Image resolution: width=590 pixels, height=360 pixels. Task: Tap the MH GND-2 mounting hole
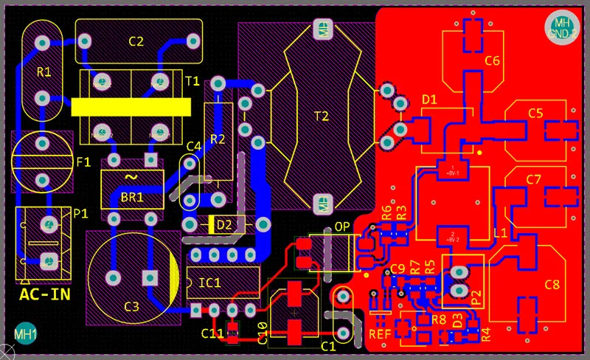[x=563, y=27]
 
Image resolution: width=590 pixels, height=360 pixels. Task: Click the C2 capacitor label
[x=136, y=41]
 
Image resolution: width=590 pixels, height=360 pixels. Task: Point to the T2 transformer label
[x=322, y=116]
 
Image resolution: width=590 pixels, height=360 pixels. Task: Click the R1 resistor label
[x=44, y=72]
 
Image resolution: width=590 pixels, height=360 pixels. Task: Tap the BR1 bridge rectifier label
[x=132, y=198]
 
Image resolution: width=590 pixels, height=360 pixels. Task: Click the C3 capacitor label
[x=131, y=306]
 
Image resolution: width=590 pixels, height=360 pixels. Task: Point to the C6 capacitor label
[x=493, y=60]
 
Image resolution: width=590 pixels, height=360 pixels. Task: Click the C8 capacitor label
[x=552, y=284]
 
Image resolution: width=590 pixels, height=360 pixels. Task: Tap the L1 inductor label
[x=499, y=232]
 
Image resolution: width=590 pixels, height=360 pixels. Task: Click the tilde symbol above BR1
[x=131, y=178]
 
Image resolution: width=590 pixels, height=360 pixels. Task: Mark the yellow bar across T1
[x=131, y=107]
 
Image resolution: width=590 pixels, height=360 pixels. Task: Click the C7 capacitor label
[x=534, y=179]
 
